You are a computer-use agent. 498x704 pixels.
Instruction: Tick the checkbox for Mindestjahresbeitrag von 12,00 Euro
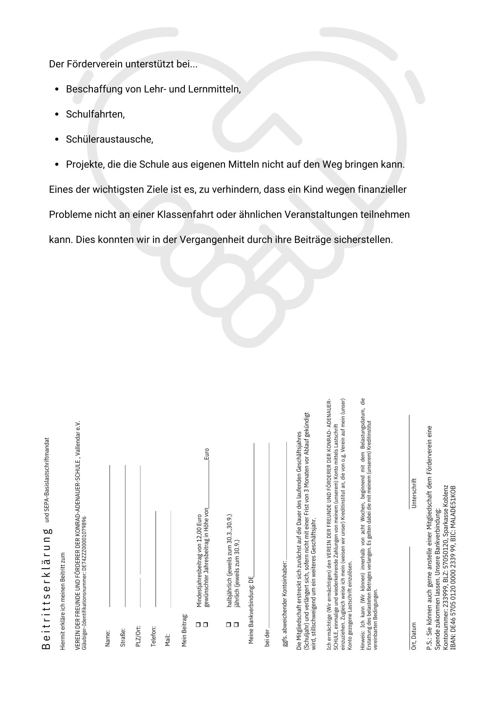point(198,624)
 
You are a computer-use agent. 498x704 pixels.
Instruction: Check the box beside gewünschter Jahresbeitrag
point(205,624)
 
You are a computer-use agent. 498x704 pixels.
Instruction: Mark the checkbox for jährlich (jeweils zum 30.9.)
point(236,624)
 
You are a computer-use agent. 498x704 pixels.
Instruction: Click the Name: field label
point(108,638)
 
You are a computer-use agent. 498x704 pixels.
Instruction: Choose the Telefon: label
point(153,636)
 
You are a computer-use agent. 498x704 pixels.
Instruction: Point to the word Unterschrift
point(414,493)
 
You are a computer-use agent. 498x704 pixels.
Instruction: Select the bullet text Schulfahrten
point(95,114)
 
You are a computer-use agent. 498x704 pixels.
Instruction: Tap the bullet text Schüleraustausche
point(110,139)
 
